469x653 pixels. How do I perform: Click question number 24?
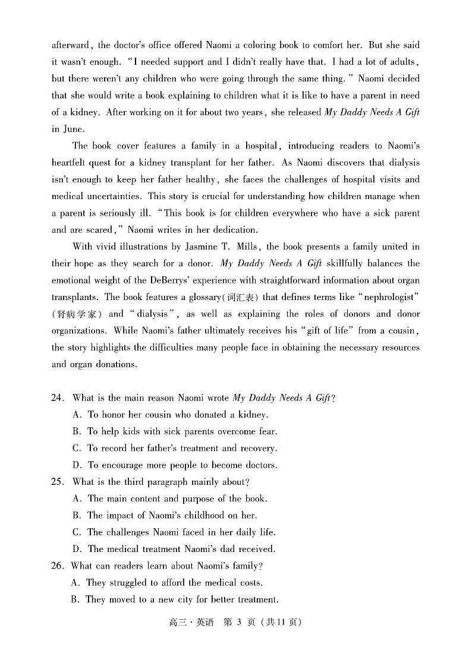(x=57, y=398)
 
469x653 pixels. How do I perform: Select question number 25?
(x=57, y=482)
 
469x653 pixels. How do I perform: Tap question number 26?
(x=57, y=566)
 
